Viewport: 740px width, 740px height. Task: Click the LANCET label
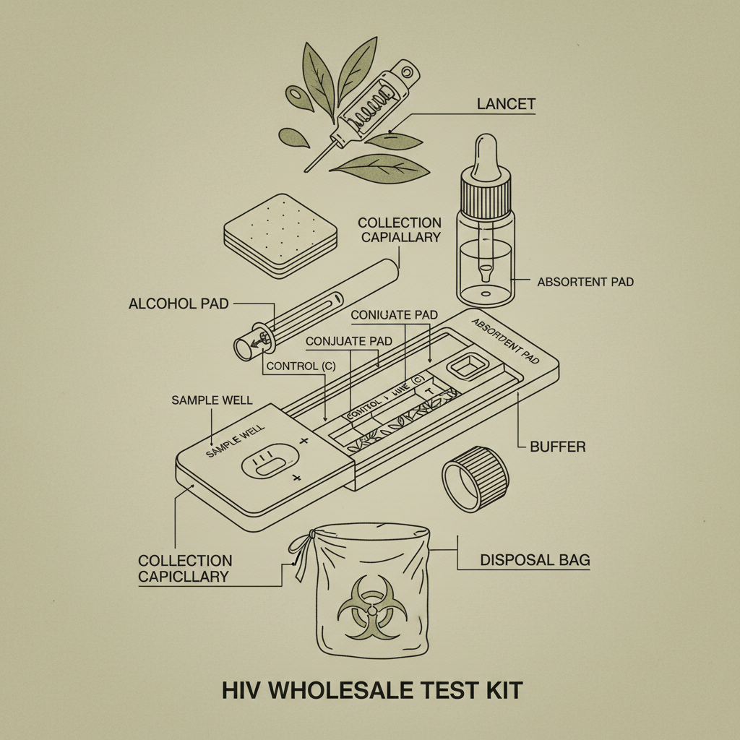506,104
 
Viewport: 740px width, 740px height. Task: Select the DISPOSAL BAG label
535,559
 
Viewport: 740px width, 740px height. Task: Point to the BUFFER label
557,447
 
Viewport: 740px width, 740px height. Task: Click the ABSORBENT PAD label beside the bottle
585,282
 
